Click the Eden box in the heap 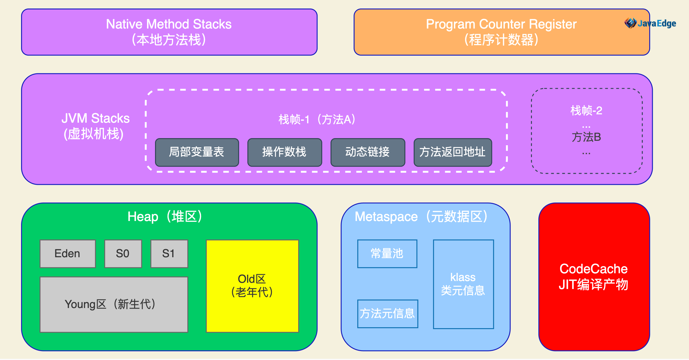[68, 254]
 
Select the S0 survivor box [123, 254]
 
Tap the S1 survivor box [169, 254]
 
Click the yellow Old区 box [252, 286]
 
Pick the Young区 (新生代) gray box [114, 304]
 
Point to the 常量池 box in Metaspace [387, 254]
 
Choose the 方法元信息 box [388, 314]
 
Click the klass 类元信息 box [463, 284]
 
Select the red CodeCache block [594, 277]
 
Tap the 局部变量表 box [197, 152]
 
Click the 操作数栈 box [285, 152]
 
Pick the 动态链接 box [368, 152]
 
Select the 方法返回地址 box [453, 152]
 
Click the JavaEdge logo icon [630, 23]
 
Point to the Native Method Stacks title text [169, 24]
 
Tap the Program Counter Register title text [501, 24]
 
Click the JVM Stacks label [96, 118]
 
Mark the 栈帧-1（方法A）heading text [317, 120]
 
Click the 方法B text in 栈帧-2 [586, 137]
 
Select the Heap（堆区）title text [165, 217]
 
